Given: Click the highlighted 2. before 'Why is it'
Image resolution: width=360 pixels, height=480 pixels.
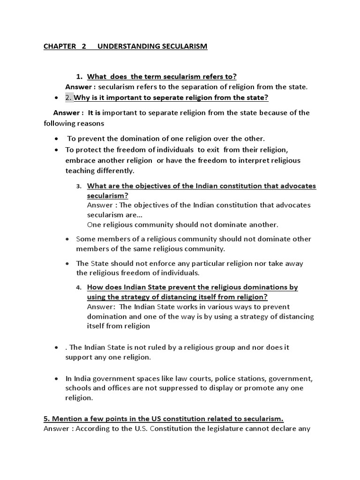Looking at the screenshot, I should (69, 97).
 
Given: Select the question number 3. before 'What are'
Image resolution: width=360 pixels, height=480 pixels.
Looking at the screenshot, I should (79, 186).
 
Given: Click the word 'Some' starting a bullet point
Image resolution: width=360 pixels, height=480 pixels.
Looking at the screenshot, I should (85, 239).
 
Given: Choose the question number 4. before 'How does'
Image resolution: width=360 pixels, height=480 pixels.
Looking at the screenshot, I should (79, 287).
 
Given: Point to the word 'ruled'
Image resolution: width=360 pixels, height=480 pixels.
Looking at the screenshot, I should (150, 347).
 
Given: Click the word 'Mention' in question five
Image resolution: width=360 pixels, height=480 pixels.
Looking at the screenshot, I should (67, 418).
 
